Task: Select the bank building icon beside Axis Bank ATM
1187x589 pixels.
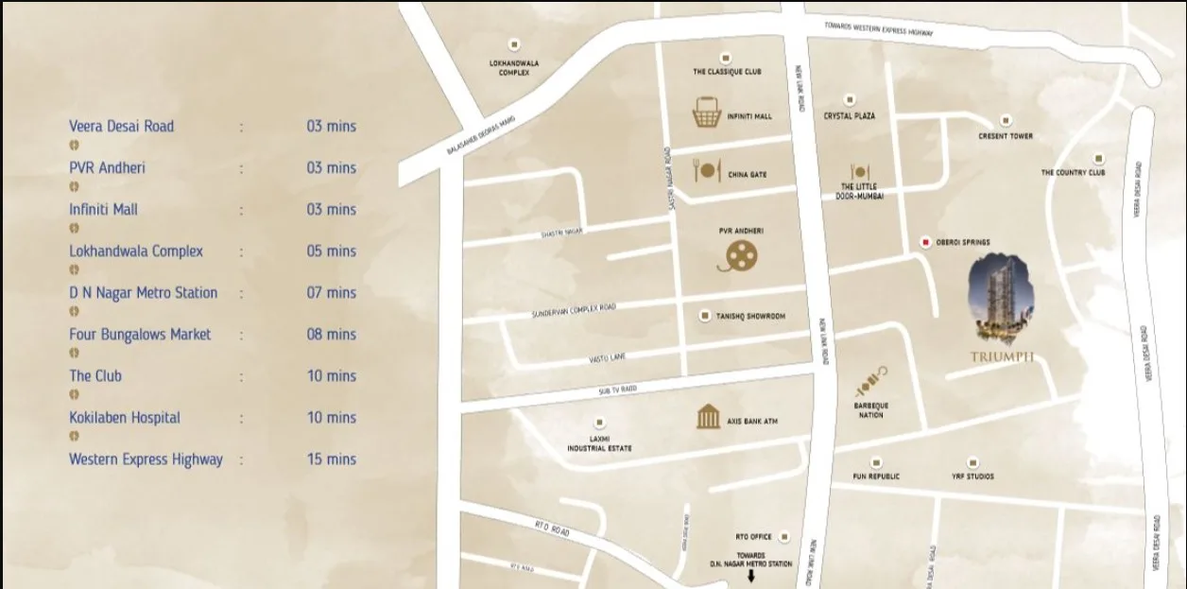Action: [708, 417]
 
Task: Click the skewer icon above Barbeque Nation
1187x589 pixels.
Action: [870, 382]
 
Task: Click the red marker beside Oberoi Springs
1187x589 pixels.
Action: [925, 243]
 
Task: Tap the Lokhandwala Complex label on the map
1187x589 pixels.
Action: [514, 68]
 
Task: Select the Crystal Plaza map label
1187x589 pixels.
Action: [849, 115]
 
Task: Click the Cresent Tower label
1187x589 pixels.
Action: [1006, 136]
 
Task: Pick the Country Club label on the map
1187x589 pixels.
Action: [1073, 173]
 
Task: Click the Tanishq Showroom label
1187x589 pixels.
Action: [750, 317]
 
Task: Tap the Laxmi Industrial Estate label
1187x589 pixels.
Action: [599, 443]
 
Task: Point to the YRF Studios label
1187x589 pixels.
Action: [972, 476]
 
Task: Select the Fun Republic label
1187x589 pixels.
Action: [876, 476]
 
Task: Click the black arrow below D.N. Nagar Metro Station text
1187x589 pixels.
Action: [751, 576]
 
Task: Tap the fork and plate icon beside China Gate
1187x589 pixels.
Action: [706, 171]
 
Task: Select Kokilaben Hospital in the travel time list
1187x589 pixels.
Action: [125, 418]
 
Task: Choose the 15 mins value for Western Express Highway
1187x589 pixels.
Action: [331, 459]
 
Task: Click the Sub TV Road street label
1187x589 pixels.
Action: [618, 390]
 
